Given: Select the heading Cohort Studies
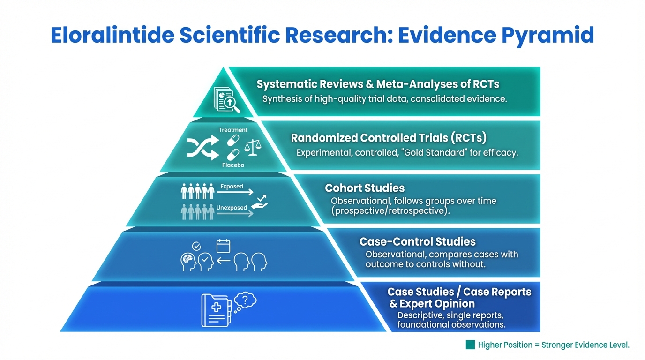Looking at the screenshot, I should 365,188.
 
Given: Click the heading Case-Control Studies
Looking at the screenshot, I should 417,242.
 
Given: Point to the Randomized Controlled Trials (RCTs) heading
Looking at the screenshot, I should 389,138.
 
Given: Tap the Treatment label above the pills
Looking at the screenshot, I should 233,130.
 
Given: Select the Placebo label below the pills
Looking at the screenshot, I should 233,165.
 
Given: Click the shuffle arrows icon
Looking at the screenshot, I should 202,148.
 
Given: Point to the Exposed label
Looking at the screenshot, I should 232,187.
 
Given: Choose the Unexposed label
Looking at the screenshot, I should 232,208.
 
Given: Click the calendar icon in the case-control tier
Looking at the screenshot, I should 223,246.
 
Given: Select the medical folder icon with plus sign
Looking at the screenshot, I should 215,310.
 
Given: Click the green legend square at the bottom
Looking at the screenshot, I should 470,345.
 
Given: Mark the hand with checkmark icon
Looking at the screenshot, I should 260,202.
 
